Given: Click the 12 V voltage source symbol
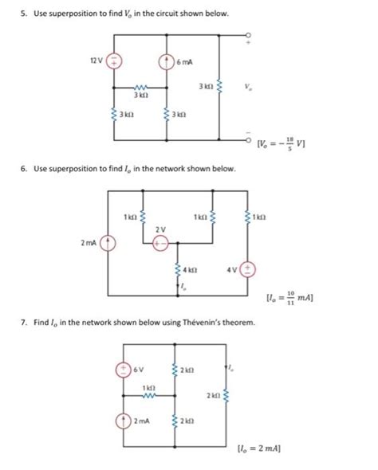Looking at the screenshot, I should [x=114, y=60].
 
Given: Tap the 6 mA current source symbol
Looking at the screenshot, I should [x=166, y=60].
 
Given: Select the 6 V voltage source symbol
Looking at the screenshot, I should [x=125, y=369].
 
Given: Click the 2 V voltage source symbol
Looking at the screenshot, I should [x=160, y=244].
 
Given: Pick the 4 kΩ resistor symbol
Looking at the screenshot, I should [x=177, y=270].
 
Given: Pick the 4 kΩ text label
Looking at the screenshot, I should [x=192, y=270].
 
